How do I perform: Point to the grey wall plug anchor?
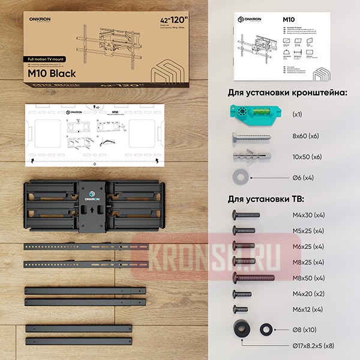tap(249, 157)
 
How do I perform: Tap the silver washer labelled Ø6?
tap(239, 178)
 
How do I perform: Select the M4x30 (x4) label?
tap(306, 215)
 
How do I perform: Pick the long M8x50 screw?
tap(253, 278)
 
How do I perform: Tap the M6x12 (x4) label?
tap(306, 309)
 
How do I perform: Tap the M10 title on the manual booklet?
tap(289, 20)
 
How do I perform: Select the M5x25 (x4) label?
tap(306, 230)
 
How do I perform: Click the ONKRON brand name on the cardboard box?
tap(40, 18)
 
